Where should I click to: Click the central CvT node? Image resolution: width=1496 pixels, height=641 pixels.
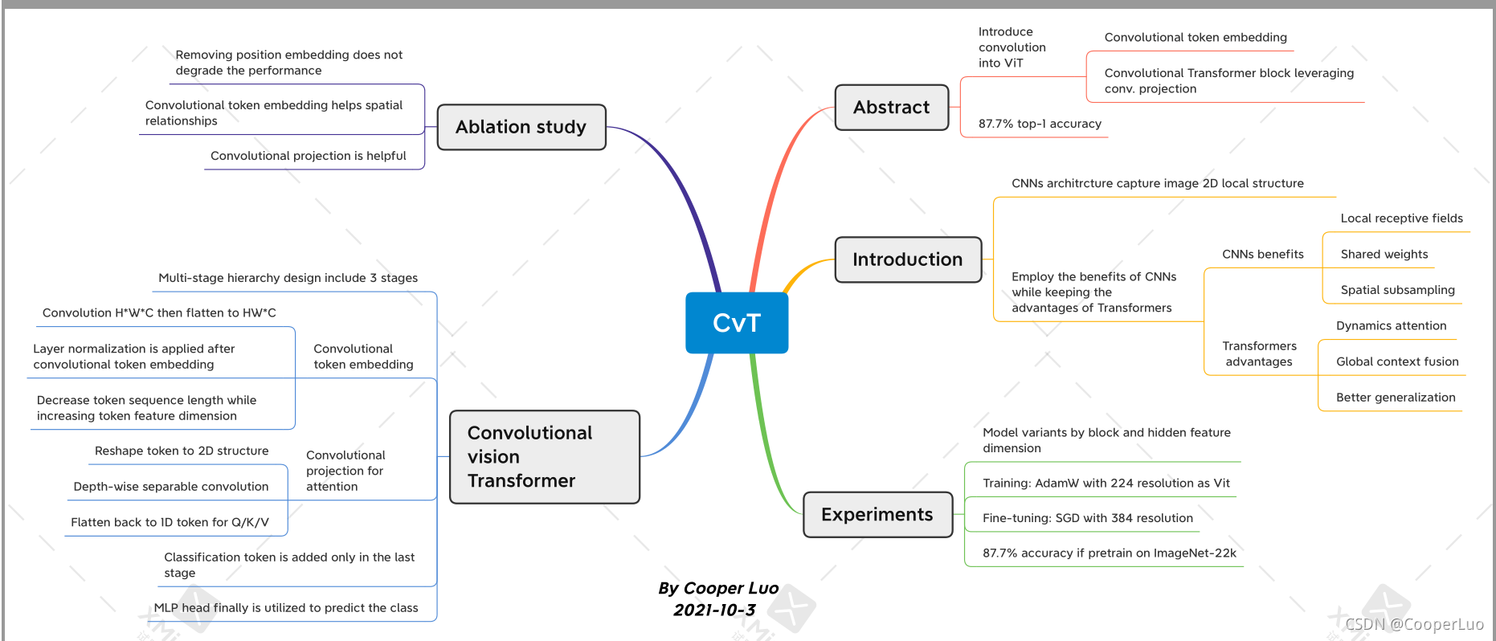click(736, 323)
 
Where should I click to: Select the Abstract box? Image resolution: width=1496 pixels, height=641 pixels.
click(891, 108)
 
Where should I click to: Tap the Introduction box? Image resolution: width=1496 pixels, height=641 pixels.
click(907, 259)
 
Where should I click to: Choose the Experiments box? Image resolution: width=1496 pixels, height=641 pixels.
click(877, 515)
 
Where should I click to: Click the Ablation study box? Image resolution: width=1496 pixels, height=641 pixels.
click(521, 127)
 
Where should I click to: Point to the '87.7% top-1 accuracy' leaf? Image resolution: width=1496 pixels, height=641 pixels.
click(1039, 124)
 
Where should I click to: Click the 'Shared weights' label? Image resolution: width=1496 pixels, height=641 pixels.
click(1384, 255)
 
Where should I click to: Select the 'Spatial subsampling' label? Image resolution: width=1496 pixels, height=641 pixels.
click(1397, 290)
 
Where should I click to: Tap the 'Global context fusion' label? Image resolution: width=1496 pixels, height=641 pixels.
click(1396, 361)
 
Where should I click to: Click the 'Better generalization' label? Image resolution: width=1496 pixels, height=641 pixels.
click(1395, 398)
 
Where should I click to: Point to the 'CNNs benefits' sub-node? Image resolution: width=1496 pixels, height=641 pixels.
click(1262, 255)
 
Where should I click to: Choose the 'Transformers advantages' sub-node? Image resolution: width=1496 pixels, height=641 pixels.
click(1259, 354)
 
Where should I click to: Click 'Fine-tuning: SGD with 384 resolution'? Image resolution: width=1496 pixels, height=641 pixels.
click(1087, 518)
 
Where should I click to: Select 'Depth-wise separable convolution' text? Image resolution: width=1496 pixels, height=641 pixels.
click(170, 487)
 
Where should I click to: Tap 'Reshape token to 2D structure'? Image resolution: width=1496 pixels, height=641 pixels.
click(182, 451)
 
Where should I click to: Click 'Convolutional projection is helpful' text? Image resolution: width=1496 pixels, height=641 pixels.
click(308, 156)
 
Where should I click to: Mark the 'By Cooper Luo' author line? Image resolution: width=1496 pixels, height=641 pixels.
click(717, 588)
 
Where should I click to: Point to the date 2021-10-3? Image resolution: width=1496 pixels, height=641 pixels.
click(713, 610)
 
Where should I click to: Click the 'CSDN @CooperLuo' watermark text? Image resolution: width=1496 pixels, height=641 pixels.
click(1413, 624)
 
